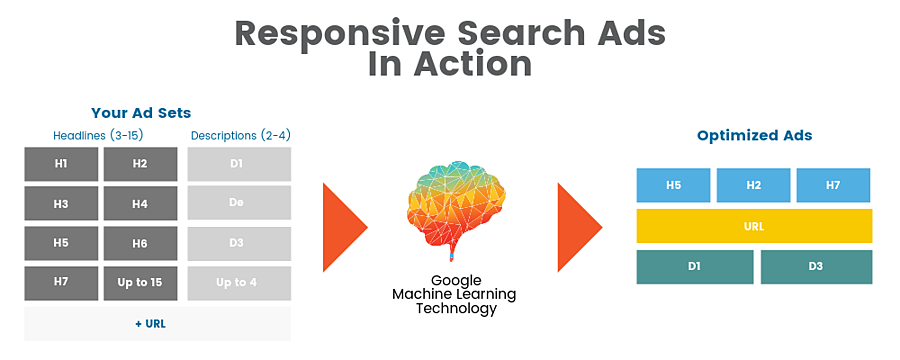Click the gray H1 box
coord(61,164)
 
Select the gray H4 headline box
coord(140,204)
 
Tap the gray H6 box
coord(140,243)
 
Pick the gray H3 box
coord(61,204)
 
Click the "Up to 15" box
coord(140,283)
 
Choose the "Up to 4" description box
coord(239,283)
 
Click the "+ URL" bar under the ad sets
coord(157,324)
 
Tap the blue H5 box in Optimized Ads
coord(673,185)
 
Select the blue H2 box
coord(753,185)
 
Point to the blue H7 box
coord(833,185)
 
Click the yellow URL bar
coord(754,226)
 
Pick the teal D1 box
coord(695,267)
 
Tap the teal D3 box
coord(816,267)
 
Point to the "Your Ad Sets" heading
coord(141,113)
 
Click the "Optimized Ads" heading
coord(754,136)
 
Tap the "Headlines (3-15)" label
coord(98,136)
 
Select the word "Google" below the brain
coord(456,281)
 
